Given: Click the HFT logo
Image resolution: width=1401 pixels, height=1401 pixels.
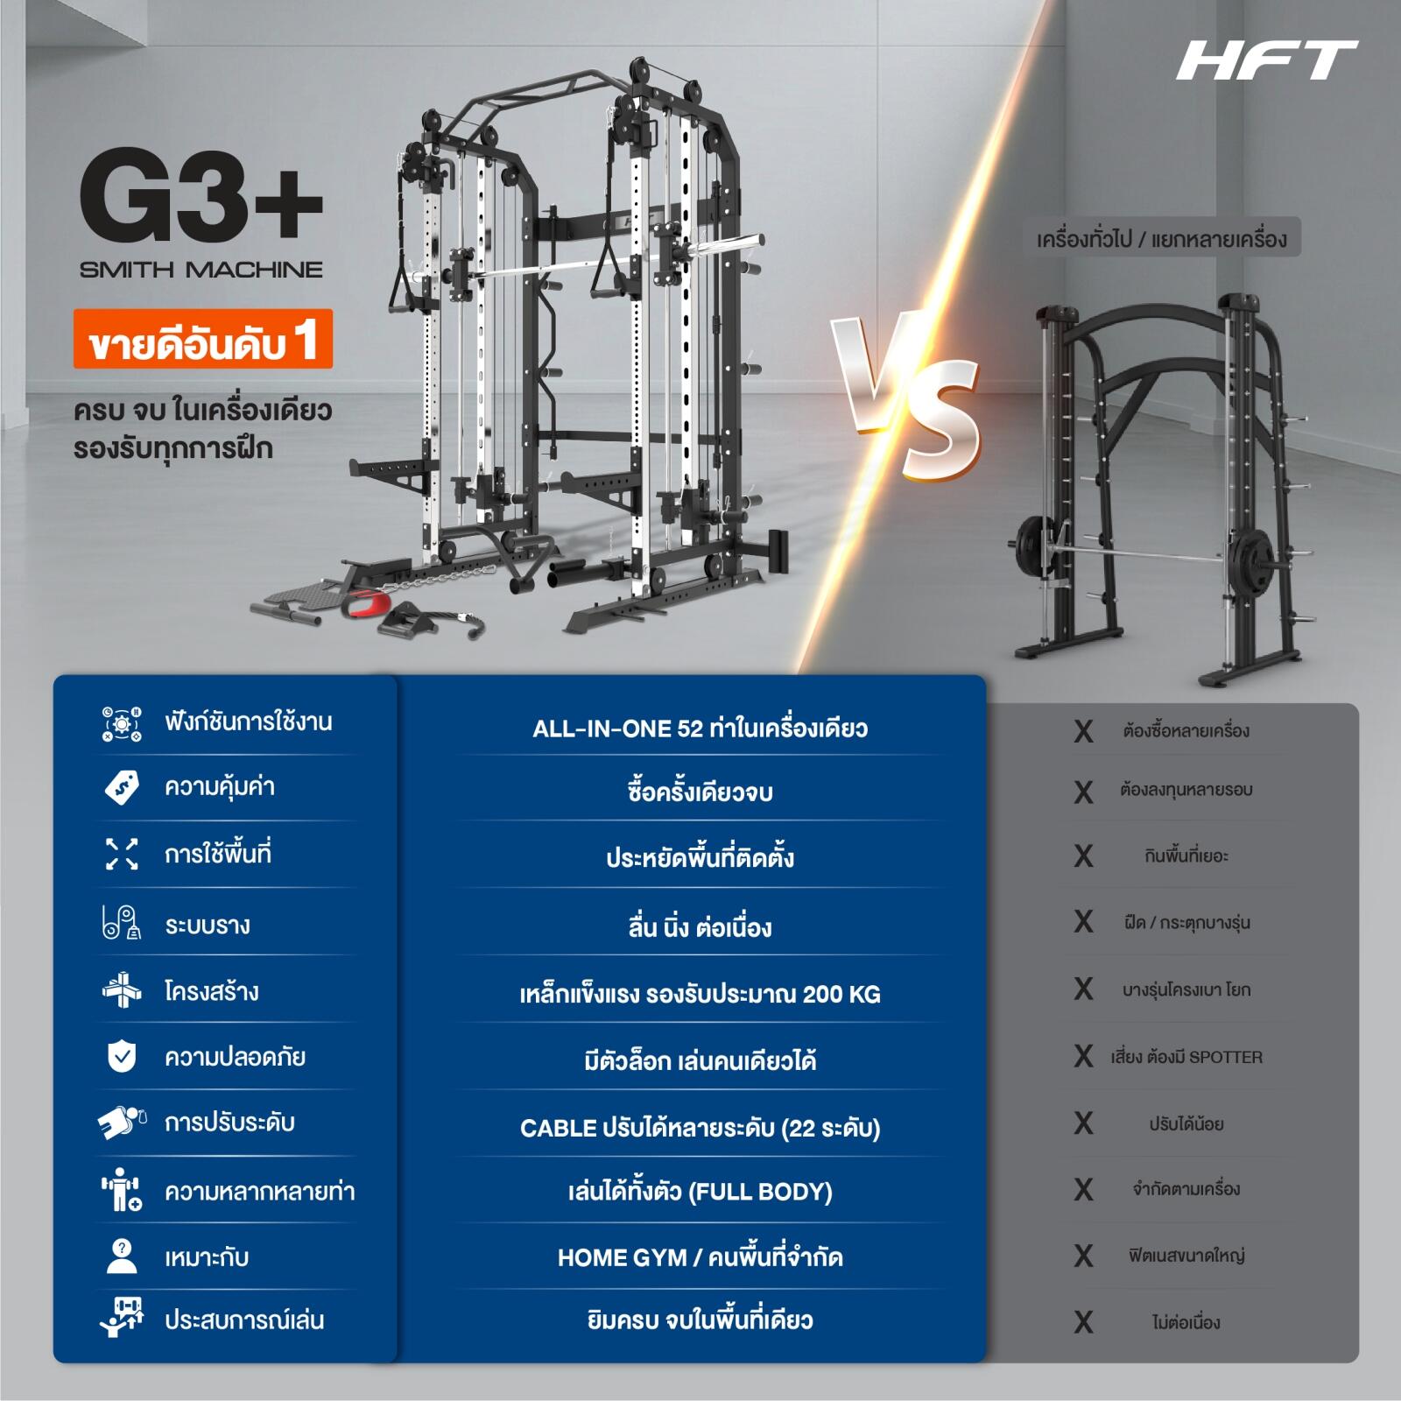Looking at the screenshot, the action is click(x=1266, y=60).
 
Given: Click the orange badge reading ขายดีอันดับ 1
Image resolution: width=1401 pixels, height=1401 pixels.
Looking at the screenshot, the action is click(x=202, y=339).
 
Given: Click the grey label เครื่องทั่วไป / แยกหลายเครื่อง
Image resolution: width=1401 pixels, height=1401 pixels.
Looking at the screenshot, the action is click(x=1162, y=237).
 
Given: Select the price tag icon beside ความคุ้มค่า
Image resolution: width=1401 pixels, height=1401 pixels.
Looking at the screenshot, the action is click(x=122, y=787).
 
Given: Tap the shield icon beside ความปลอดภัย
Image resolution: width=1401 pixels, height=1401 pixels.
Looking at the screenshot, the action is click(x=122, y=1057).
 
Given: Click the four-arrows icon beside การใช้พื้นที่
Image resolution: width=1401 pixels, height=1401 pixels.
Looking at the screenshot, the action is click(x=122, y=854).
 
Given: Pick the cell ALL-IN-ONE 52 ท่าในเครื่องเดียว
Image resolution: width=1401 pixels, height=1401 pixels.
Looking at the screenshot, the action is click(x=700, y=729).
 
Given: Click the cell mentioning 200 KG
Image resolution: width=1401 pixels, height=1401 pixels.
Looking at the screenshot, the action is click(x=700, y=995).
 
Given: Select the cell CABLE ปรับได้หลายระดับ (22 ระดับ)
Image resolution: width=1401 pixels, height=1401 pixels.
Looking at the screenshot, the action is click(x=700, y=1128).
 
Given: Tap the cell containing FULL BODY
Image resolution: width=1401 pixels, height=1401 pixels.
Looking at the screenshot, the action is click(x=700, y=1192).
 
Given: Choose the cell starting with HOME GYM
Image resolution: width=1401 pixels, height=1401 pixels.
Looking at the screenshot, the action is click(x=700, y=1258).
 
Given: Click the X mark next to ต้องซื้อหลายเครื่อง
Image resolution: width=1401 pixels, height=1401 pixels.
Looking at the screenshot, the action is click(x=1084, y=731).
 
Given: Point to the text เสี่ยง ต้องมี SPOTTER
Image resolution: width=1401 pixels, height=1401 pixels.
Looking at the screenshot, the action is click(x=1186, y=1057).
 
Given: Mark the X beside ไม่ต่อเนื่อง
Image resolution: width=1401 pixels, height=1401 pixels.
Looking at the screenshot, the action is click(x=1084, y=1322).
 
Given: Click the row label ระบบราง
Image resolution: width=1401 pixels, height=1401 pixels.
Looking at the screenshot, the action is click(x=208, y=926).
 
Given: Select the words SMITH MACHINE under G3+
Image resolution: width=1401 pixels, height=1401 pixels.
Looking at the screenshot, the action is click(x=201, y=270).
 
